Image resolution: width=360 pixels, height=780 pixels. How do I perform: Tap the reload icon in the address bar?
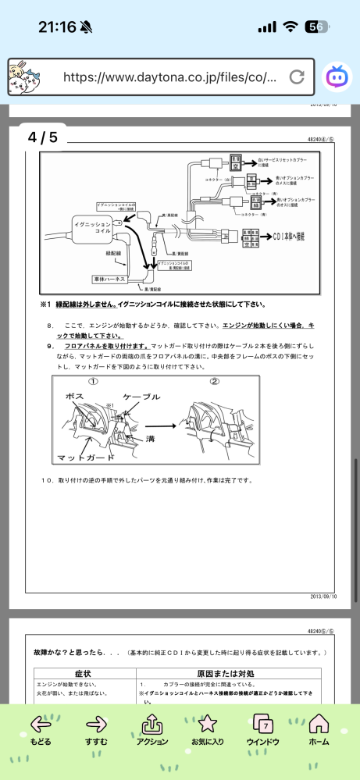[x=296, y=77]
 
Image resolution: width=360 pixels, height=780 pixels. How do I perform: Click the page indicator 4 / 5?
[x=43, y=137]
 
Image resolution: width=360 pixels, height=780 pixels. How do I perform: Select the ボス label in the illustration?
[x=76, y=397]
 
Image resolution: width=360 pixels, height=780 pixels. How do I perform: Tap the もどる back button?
[x=40, y=731]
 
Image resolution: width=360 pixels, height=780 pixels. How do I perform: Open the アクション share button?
[x=151, y=731]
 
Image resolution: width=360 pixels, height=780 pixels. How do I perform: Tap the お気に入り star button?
[x=207, y=731]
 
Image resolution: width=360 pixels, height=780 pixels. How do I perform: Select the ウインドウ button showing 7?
[x=262, y=731]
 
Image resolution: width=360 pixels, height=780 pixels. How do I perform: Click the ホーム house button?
[x=319, y=731]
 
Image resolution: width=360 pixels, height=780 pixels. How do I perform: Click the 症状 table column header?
[x=84, y=671]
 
